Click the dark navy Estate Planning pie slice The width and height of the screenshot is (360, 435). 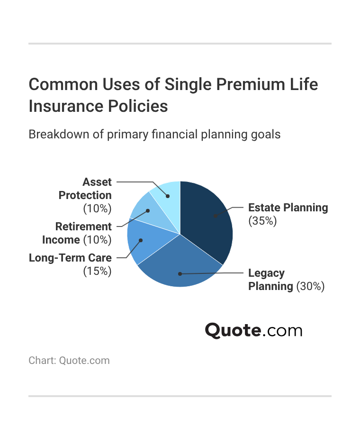pyautogui.click(x=208, y=223)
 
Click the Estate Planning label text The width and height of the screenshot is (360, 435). pyautogui.click(x=288, y=208)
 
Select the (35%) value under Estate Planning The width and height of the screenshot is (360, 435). pyautogui.click(x=262, y=221)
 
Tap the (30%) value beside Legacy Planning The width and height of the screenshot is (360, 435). pyautogui.click(x=310, y=286)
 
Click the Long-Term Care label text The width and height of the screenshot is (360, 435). pyautogui.click(x=70, y=258)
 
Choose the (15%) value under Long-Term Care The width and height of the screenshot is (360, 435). pyautogui.click(x=97, y=271)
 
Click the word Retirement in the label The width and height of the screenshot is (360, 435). pyautogui.click(x=77, y=227)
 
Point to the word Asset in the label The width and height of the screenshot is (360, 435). pyautogui.click(x=97, y=182)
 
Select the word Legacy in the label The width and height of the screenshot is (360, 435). pyautogui.click(x=267, y=273)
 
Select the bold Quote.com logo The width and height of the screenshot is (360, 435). pyautogui.click(x=253, y=330)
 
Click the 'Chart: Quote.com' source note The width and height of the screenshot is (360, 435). pyautogui.click(x=69, y=361)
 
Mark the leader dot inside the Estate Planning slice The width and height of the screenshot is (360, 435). pyautogui.click(x=215, y=216)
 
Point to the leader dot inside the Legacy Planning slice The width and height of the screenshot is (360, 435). pyautogui.click(x=180, y=273)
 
